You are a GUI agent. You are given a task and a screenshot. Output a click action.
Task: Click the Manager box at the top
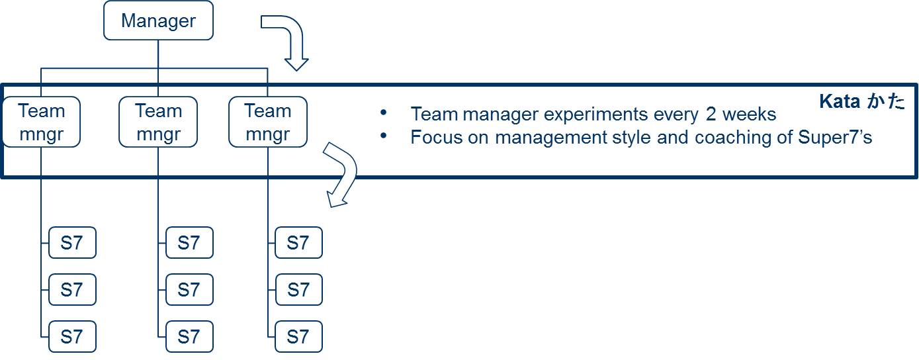tap(159, 21)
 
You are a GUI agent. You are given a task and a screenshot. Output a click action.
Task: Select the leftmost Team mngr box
tap(41, 122)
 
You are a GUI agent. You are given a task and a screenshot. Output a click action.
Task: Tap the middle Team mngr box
tap(158, 122)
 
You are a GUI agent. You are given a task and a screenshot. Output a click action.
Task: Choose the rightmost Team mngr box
tap(267, 122)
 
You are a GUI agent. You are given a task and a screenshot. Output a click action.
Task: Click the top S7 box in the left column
tap(72, 243)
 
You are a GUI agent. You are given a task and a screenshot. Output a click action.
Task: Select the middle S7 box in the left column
tap(72, 290)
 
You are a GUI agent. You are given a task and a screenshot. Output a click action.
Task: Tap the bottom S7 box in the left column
tap(72, 337)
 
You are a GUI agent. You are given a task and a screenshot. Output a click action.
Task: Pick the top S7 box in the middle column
tap(189, 243)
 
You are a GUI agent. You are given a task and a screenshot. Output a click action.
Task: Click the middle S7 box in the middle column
tap(189, 290)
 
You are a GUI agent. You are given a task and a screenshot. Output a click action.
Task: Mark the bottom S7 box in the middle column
tap(189, 337)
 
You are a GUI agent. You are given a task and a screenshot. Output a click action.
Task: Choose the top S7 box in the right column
tap(298, 243)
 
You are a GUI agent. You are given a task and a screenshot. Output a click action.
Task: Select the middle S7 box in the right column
tap(298, 290)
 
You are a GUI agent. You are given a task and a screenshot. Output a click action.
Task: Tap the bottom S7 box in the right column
tap(298, 337)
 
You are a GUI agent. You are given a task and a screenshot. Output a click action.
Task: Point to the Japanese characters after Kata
tap(885, 101)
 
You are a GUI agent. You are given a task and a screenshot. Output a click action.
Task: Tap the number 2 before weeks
tap(711, 114)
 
